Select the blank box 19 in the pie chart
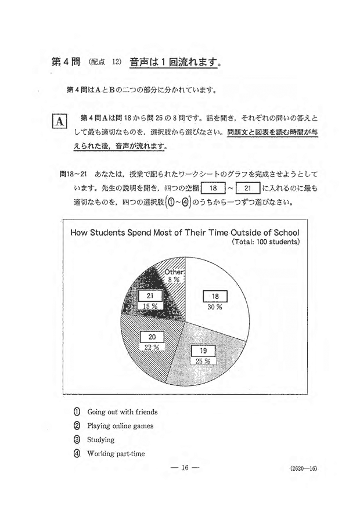click(203, 351)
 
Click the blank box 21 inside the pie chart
click(150, 295)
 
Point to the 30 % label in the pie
click(214, 307)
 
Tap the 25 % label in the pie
click(203, 361)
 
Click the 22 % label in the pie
click(152, 348)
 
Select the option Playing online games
click(120, 426)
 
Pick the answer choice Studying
click(100, 440)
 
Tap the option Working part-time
click(116, 454)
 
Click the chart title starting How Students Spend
click(185, 232)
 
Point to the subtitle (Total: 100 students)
click(265, 241)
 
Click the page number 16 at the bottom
click(182, 468)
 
